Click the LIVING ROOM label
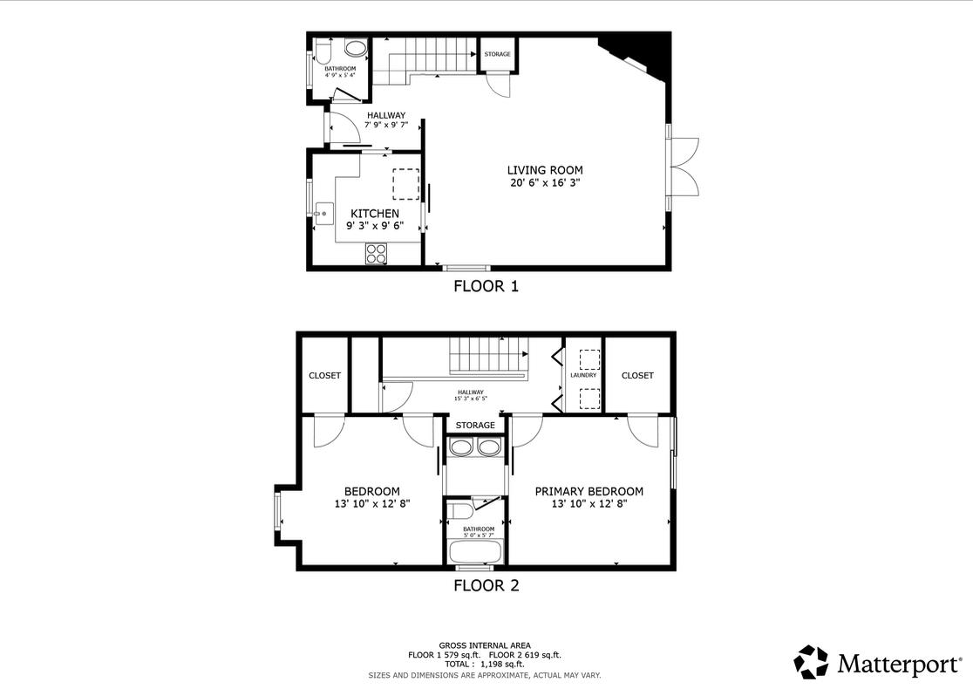[x=545, y=170]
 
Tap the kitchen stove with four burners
[x=377, y=254]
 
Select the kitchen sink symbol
[x=323, y=210]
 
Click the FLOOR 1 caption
[x=486, y=286]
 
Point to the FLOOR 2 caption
[x=486, y=586]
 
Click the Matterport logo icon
[x=811, y=662]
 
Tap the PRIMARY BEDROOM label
[x=589, y=491]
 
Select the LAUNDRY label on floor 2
[x=583, y=375]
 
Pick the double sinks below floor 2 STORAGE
[x=475, y=448]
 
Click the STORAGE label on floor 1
[x=498, y=54]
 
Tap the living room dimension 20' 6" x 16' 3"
[x=545, y=183]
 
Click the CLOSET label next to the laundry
[x=637, y=375]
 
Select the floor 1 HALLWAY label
[x=385, y=115]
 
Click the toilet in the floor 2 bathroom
[x=459, y=511]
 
